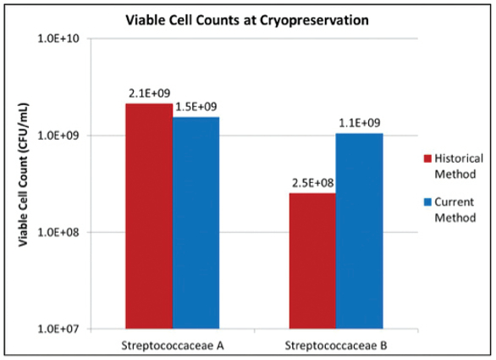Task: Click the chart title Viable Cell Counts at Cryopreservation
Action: tap(247, 19)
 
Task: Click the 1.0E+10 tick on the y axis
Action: tap(57, 39)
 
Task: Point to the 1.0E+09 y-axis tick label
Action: tap(57, 136)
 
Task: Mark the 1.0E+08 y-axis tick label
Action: tap(57, 232)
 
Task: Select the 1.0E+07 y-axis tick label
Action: tap(57, 329)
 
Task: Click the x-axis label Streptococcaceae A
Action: tap(173, 344)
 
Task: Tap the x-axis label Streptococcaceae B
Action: tap(336, 344)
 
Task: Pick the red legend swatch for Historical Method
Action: tap(427, 158)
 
